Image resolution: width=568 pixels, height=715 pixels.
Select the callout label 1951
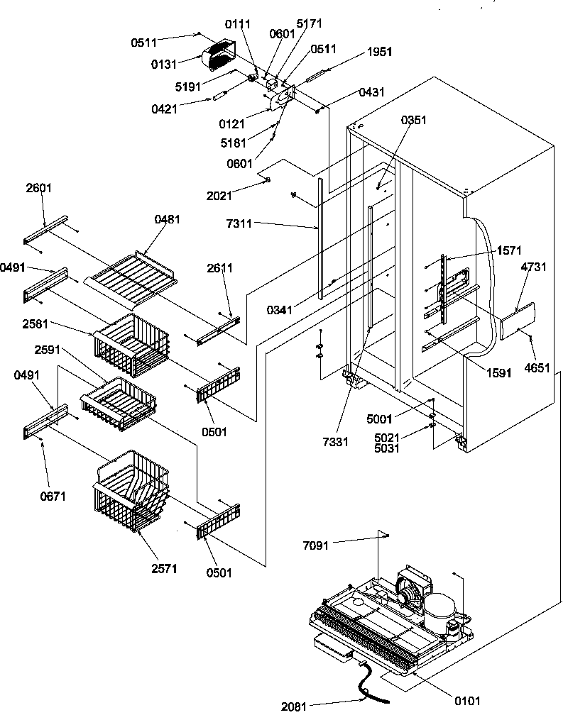(x=379, y=52)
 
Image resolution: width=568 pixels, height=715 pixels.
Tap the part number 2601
(x=40, y=188)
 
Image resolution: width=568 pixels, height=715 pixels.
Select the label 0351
(x=414, y=120)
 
